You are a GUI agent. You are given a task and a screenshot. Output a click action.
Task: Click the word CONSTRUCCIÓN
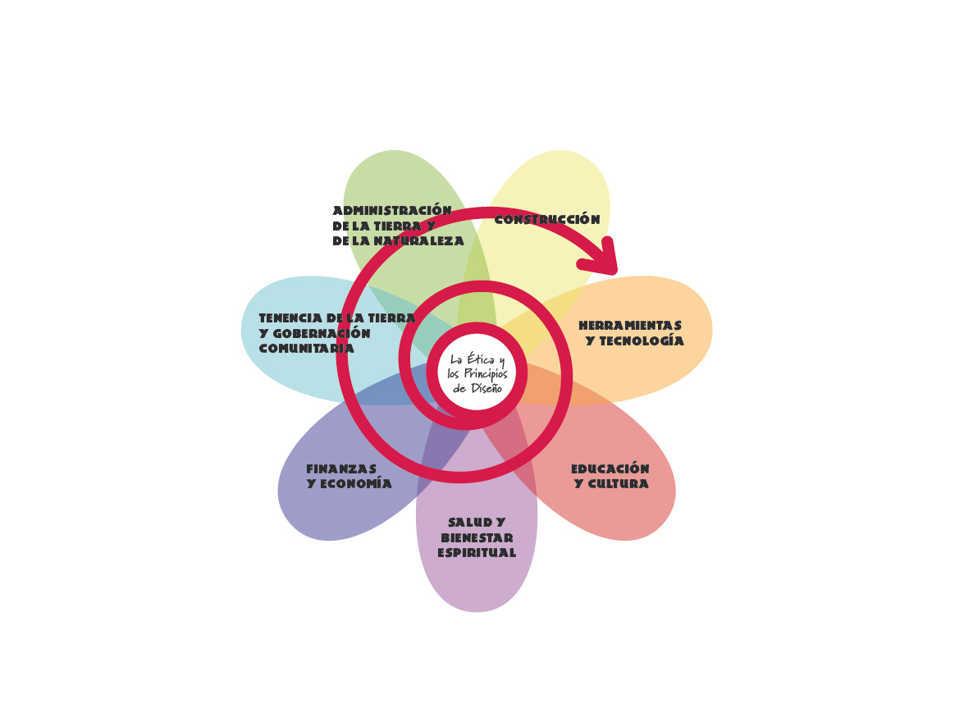point(546,220)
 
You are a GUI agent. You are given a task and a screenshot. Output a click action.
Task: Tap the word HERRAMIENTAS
point(629,326)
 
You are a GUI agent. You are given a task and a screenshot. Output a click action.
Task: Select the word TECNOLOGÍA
point(641,341)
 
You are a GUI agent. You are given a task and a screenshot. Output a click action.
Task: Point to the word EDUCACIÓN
point(610,469)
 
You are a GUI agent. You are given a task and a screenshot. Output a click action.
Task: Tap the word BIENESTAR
point(477,538)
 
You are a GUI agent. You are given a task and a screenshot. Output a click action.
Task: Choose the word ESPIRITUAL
point(477,553)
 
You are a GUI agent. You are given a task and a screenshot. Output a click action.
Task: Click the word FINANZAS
point(341,469)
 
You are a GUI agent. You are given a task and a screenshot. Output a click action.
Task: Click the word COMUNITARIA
point(306,349)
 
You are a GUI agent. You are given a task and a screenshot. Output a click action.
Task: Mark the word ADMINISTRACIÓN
point(392,211)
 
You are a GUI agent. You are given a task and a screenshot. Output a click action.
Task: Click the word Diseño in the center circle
point(484,387)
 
